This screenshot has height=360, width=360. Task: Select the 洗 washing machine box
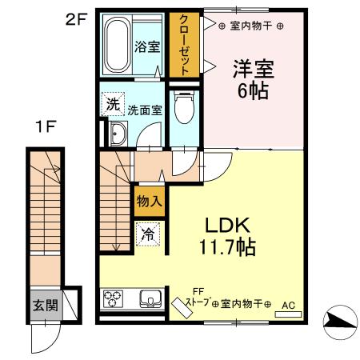[112, 105]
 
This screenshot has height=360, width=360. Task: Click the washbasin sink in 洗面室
[118, 134]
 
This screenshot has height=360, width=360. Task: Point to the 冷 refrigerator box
[148, 234]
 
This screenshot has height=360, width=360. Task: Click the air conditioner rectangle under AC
[288, 314]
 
